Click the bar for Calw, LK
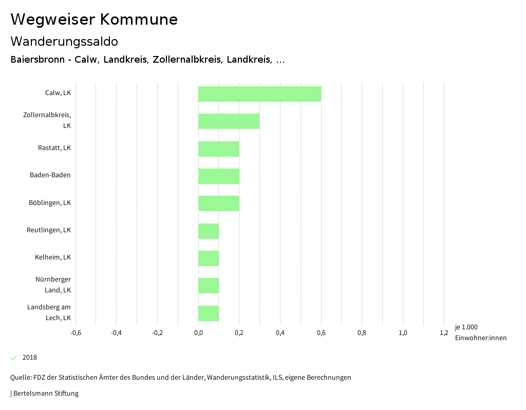click(259, 94)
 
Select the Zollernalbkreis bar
click(229, 121)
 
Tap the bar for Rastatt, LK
click(218, 149)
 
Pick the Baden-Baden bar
click(218, 176)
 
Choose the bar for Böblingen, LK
click(218, 203)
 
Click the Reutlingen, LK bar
click(209, 231)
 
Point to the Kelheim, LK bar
click(209, 258)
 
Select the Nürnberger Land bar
click(209, 286)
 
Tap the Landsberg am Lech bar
click(209, 313)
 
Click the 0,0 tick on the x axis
click(198, 333)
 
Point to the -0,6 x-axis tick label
click(76, 333)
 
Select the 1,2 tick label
click(444, 333)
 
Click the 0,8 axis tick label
click(362, 333)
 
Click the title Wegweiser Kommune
click(94, 20)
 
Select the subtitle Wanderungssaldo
click(64, 41)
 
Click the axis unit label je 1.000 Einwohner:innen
click(480, 332)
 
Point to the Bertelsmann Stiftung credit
click(46, 394)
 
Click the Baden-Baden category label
click(50, 175)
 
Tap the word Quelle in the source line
click(20, 378)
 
